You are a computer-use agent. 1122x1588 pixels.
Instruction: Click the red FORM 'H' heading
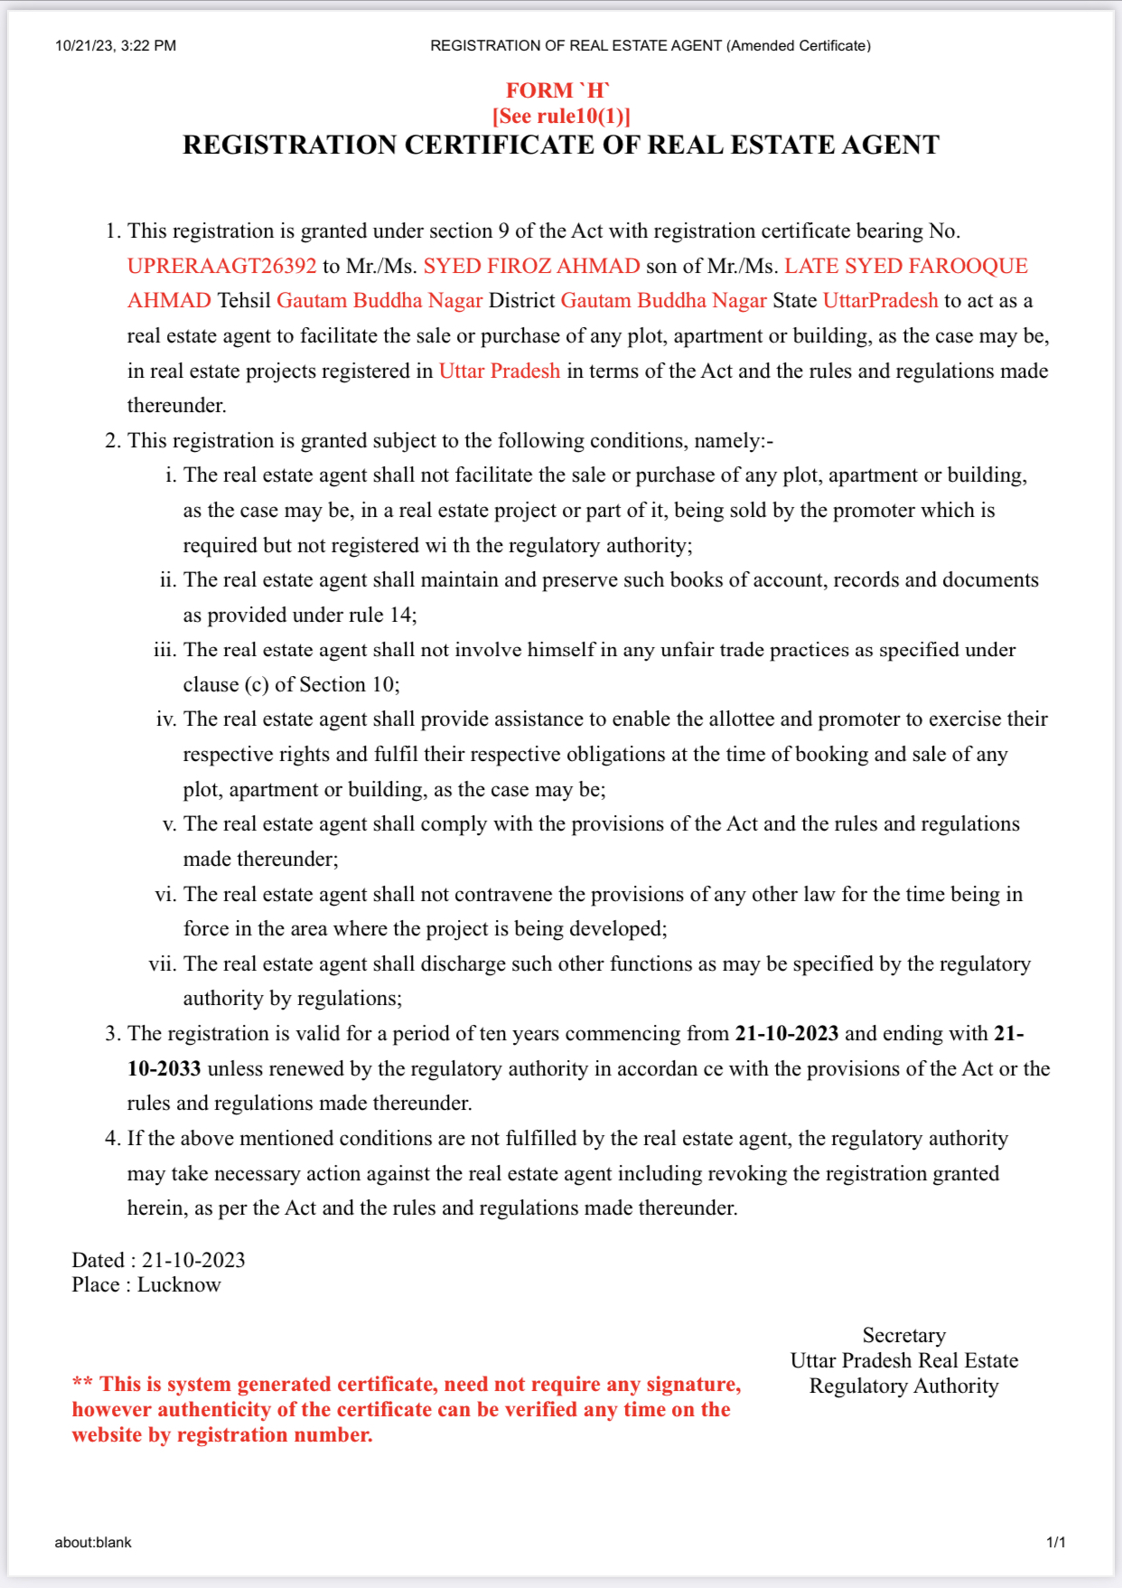(x=557, y=90)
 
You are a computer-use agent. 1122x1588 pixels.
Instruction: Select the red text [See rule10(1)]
(x=561, y=117)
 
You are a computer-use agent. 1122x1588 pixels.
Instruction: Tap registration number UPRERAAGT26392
(x=221, y=266)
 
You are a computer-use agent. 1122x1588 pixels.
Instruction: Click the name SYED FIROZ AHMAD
(x=531, y=266)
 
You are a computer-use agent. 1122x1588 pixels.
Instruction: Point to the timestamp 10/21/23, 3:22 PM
(x=116, y=46)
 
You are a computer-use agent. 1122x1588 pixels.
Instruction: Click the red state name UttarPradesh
(x=880, y=301)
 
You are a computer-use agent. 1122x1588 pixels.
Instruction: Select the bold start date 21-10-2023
(x=786, y=1034)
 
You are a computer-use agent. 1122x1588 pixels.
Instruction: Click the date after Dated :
(x=193, y=1260)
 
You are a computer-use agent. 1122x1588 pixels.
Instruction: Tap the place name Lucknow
(x=179, y=1285)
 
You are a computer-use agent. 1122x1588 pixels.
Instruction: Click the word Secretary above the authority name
(x=903, y=1336)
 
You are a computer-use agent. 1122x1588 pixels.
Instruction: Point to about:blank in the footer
(x=93, y=1543)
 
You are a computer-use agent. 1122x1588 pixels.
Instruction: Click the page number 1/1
(x=1055, y=1543)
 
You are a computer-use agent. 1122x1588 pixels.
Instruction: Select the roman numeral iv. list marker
(x=166, y=719)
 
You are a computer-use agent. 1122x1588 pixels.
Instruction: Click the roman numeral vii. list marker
(x=163, y=964)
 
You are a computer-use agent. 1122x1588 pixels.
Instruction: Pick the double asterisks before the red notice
(x=82, y=1384)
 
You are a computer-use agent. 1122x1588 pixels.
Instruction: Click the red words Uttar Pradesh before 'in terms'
(x=499, y=371)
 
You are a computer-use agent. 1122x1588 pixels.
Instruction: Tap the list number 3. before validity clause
(x=113, y=1034)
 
